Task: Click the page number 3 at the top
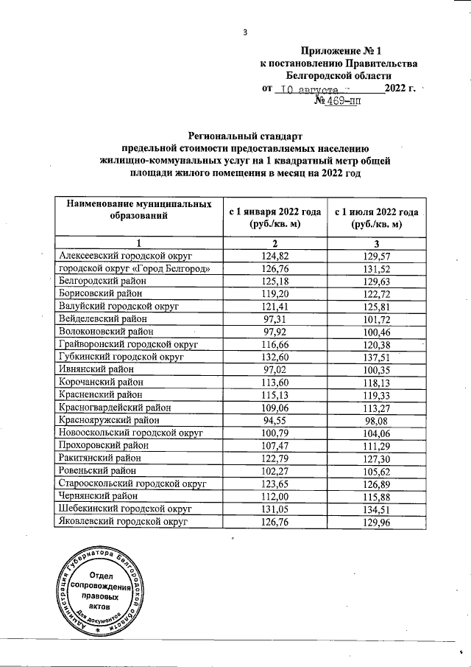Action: [244, 32]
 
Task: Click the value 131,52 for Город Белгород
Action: [375, 268]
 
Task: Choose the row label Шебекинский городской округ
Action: [124, 508]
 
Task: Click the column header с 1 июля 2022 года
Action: [375, 211]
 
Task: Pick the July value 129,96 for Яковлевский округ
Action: [375, 521]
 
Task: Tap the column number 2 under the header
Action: [274, 242]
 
